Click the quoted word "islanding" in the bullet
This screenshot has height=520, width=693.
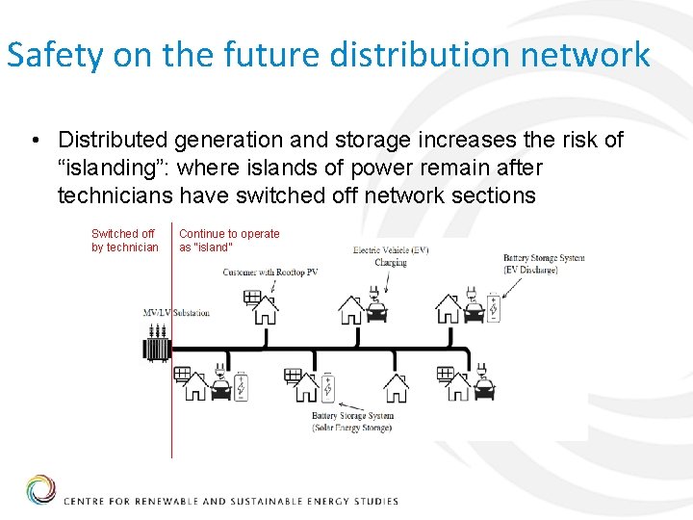[114, 169]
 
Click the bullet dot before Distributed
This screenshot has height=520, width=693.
[35, 142]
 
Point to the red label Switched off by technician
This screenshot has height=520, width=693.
[124, 241]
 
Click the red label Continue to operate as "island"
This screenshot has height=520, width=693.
[229, 241]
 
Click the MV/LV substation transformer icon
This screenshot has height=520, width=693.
[155, 344]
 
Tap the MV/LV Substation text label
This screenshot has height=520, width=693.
[176, 313]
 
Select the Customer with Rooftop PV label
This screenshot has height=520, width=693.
[269, 273]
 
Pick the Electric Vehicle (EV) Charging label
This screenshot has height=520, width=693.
[391, 256]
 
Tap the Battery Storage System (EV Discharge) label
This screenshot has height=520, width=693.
[544, 264]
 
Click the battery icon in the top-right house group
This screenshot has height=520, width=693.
[494, 308]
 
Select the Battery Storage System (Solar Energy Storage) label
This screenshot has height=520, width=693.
[352, 422]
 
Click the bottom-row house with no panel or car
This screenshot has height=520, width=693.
[396, 387]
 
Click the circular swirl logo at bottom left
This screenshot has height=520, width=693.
[40, 490]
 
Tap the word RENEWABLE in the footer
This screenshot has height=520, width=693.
[165, 501]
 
